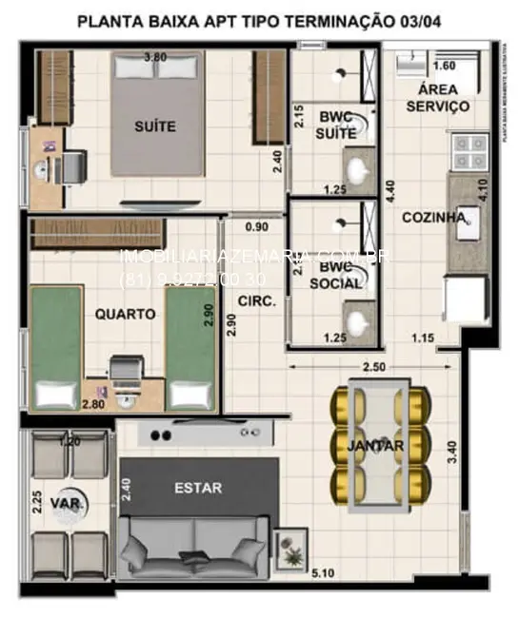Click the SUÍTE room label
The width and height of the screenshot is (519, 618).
pos(155,126)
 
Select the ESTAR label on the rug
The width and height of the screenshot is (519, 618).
pos(198,488)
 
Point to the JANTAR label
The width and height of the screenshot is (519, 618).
pos(375,445)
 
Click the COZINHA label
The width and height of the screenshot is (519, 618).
pos(433,218)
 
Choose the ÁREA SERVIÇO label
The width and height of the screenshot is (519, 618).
pos(437,98)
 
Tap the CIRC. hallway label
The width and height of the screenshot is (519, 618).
pos(257,300)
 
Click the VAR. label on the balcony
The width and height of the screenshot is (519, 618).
pos(65,501)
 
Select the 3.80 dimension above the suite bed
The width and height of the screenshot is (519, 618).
pos(155,58)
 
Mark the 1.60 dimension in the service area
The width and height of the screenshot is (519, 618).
pos(444,67)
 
